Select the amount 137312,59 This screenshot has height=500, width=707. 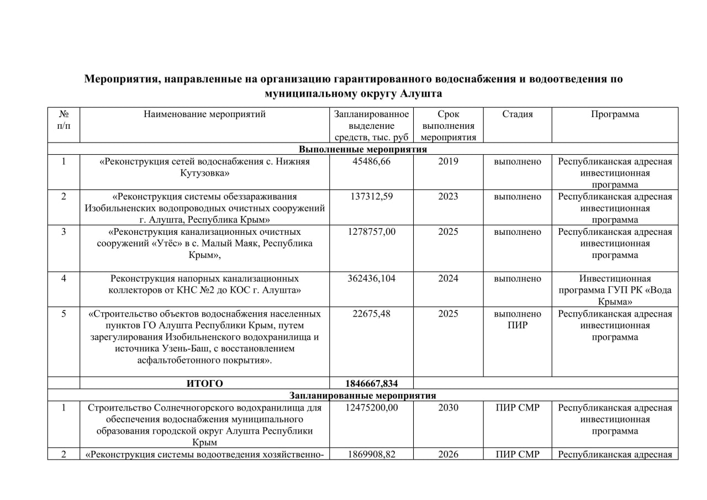click(371, 197)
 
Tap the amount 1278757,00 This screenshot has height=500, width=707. click(371, 232)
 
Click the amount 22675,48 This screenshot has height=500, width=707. click(371, 314)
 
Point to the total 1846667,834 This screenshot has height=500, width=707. click(371, 383)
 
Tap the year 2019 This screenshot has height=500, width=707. click(448, 162)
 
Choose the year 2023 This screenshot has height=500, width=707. click(448, 197)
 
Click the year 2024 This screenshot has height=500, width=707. click(448, 278)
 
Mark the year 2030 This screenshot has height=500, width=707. click(448, 408)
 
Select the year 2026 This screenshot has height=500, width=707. click(448, 455)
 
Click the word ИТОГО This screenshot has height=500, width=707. click(204, 383)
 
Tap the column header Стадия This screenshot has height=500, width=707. click(518, 114)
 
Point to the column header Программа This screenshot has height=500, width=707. click(615, 114)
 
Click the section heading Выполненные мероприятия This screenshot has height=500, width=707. click(363, 149)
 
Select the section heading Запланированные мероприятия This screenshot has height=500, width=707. click(363, 396)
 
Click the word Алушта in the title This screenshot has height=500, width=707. click(420, 93)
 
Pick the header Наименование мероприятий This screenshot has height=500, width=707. click(204, 114)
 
